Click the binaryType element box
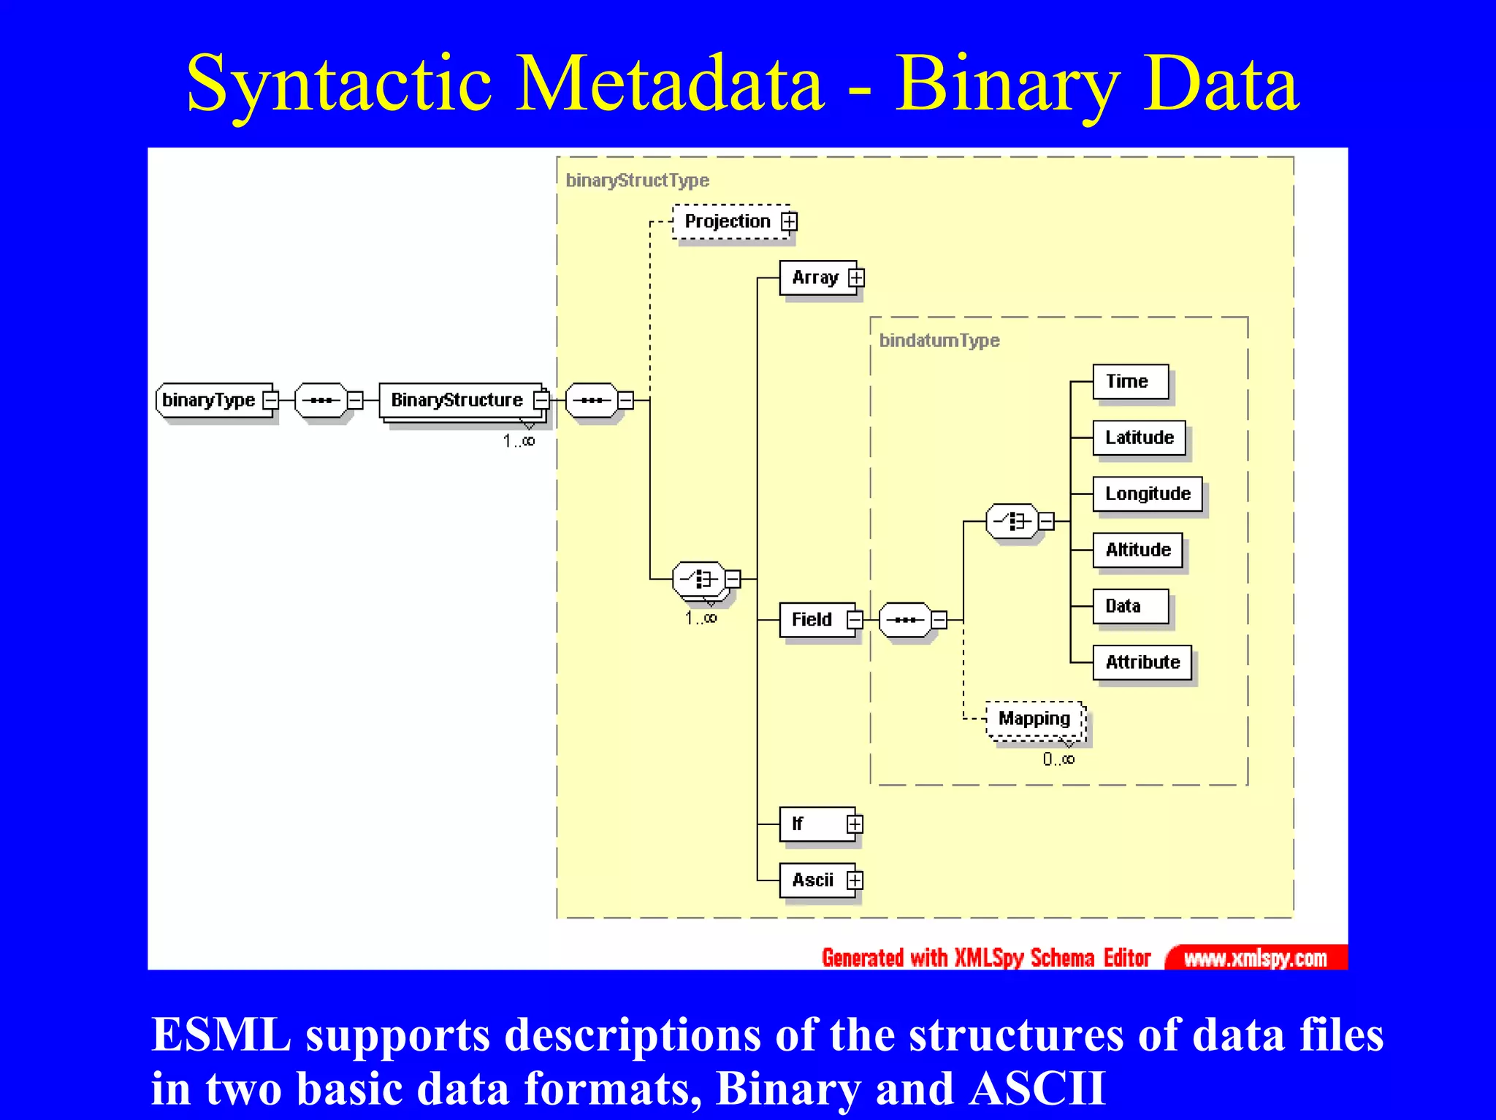pyautogui.click(x=209, y=400)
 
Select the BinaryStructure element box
pyautogui.click(x=457, y=400)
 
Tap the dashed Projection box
pyautogui.click(x=728, y=221)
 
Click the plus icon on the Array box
pyautogui.click(x=856, y=278)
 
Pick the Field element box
pyautogui.click(x=812, y=620)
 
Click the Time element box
pyautogui.click(x=1129, y=382)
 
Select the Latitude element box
pyautogui.click(x=1139, y=438)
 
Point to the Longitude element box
pyautogui.click(x=1147, y=494)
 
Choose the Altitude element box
pyautogui.click(x=1137, y=550)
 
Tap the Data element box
pyautogui.click(x=1129, y=606)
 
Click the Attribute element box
pyautogui.click(x=1142, y=662)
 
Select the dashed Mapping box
pyautogui.click(x=1034, y=719)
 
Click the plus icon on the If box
pyautogui.click(x=855, y=824)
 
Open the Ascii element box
pyautogui.click(x=813, y=881)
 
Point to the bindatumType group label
pyautogui.click(x=939, y=341)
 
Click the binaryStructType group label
pyautogui.click(x=637, y=180)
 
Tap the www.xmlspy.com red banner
pyautogui.click(x=1255, y=958)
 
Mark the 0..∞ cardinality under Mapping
pyautogui.click(x=1058, y=759)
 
